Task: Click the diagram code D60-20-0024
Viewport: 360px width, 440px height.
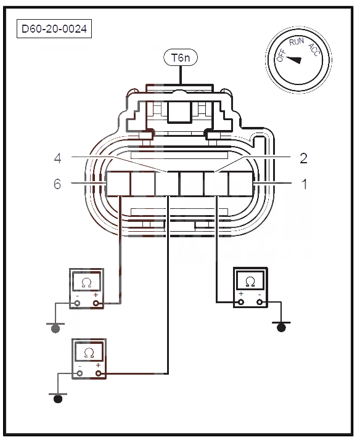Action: (x=54, y=28)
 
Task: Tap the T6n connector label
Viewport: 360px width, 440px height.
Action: (x=181, y=58)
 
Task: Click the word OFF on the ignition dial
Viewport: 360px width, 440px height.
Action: (x=281, y=55)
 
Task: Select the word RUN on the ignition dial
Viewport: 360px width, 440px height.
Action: (x=297, y=41)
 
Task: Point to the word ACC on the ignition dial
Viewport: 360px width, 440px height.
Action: (x=314, y=50)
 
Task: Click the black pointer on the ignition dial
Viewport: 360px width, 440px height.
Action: (x=293, y=60)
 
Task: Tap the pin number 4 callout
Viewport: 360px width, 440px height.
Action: (x=57, y=158)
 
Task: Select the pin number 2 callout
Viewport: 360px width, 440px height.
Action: (x=303, y=158)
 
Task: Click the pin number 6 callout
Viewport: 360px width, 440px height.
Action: (x=57, y=184)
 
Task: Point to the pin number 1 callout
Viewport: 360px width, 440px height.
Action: (x=304, y=184)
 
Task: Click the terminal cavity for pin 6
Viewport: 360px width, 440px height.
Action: (x=118, y=184)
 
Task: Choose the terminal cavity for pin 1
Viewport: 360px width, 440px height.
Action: (x=241, y=184)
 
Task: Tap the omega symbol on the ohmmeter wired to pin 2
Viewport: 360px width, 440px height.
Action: (x=250, y=282)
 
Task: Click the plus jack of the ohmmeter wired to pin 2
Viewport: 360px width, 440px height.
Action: (x=241, y=302)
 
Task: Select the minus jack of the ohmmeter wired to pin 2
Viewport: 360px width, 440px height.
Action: (x=260, y=302)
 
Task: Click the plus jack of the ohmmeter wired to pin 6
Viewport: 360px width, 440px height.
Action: (x=96, y=303)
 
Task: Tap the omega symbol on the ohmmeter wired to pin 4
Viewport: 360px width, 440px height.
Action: (x=89, y=353)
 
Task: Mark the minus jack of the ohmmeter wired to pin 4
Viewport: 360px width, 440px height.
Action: (x=80, y=373)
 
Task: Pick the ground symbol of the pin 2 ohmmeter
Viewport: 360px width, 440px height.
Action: (x=281, y=327)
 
